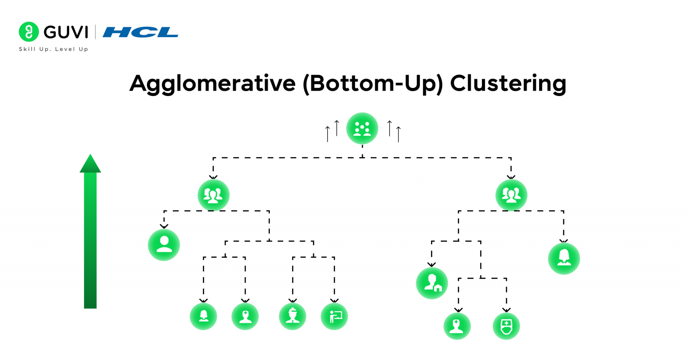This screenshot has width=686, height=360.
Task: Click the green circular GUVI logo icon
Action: coord(29,32)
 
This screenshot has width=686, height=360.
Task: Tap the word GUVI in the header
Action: coord(66,32)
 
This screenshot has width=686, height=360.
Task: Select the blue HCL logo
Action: coord(140,32)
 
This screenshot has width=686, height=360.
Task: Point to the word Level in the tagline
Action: coord(66,49)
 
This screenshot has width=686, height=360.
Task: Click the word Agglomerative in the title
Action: coord(212,84)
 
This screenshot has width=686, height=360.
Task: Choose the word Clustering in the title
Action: coord(508,84)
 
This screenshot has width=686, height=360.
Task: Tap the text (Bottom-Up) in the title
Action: coord(372,84)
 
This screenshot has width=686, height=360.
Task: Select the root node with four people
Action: coord(362,129)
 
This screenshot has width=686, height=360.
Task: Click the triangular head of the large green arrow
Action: coord(90,163)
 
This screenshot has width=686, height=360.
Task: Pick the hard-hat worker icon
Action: coord(293,316)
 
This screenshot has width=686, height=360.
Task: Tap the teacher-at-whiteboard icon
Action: coord(334,316)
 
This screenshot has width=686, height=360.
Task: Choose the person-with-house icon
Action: coord(432,283)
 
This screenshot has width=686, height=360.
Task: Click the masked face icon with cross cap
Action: coord(506,326)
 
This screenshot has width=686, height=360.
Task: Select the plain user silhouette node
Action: coord(164,245)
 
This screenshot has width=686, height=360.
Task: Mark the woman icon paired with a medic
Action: coord(203,316)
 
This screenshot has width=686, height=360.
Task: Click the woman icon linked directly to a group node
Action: coord(564,258)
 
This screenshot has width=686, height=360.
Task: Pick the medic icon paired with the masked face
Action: coord(457,326)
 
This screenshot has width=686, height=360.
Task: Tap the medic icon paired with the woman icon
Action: coord(245,316)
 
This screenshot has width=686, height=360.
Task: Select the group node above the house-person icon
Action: coord(511,195)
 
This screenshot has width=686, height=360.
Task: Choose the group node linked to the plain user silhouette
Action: coord(213,195)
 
